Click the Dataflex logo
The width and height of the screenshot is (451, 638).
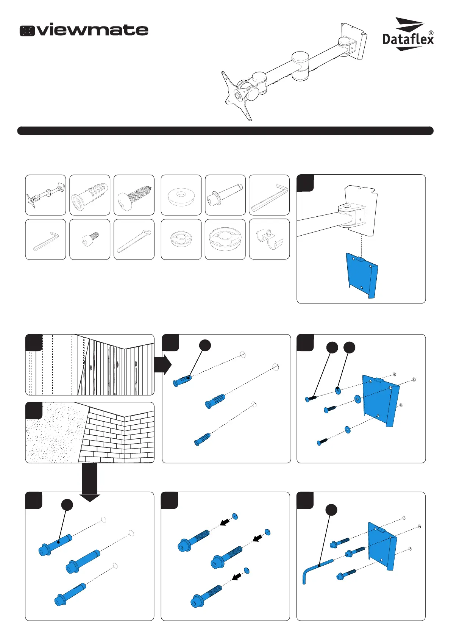click(x=408, y=34)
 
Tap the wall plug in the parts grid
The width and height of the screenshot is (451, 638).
click(x=90, y=195)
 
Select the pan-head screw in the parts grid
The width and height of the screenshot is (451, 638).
click(x=134, y=195)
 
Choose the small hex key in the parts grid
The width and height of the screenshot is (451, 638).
click(x=45, y=241)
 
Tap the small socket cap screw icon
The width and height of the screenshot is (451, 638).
click(x=90, y=239)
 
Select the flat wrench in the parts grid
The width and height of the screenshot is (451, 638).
click(x=134, y=241)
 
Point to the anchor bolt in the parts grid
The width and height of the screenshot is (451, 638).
click(x=225, y=195)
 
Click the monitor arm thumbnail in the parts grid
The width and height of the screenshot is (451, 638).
click(x=45, y=195)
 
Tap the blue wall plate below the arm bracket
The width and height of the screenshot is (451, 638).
click(x=362, y=275)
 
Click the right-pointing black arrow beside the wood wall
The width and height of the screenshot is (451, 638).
click(x=162, y=365)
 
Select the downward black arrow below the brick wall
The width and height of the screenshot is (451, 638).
click(x=90, y=483)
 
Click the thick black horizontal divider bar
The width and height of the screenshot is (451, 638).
click(x=225, y=131)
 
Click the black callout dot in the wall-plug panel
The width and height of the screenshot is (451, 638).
click(x=205, y=345)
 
